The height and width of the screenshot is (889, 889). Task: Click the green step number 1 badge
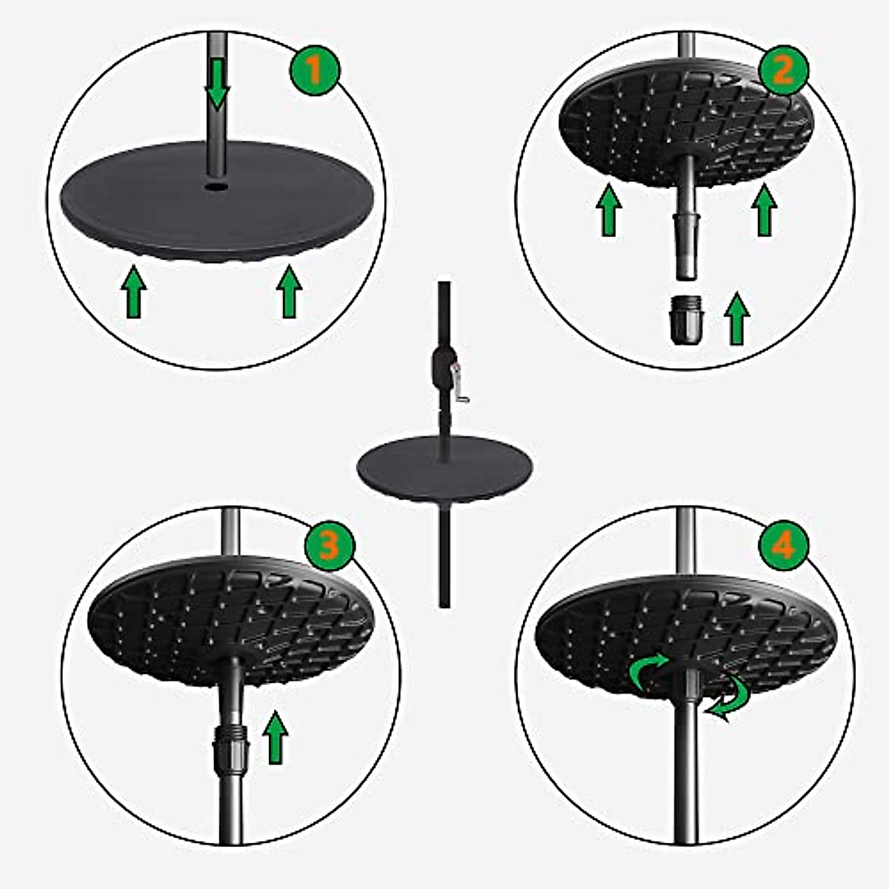click(x=313, y=71)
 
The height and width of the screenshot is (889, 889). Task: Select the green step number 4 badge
click(x=783, y=547)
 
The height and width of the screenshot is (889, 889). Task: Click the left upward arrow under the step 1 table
click(x=133, y=293)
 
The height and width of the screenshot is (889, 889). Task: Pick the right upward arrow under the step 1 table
click(x=290, y=293)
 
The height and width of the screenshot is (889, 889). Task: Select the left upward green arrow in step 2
click(x=608, y=210)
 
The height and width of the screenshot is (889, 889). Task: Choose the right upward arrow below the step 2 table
click(x=764, y=210)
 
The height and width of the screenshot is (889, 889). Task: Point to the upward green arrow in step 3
click(x=276, y=736)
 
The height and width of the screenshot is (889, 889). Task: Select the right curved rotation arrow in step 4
click(x=730, y=700)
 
